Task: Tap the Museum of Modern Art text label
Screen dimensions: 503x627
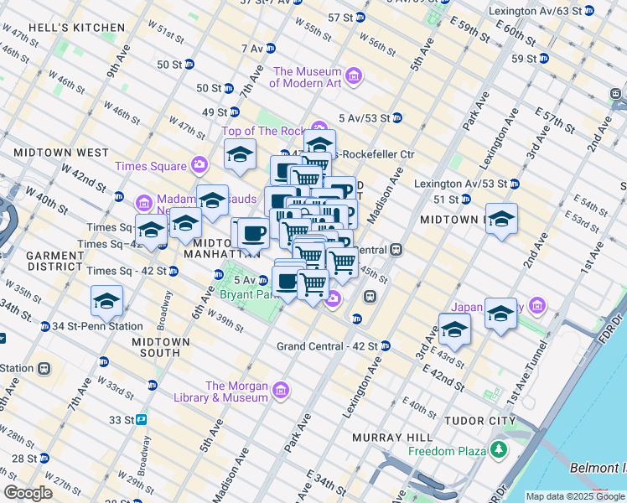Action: click(306, 77)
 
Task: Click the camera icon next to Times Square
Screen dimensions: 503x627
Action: click(199, 163)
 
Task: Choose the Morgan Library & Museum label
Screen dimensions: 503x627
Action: click(236, 392)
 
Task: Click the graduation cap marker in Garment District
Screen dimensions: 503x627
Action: click(107, 299)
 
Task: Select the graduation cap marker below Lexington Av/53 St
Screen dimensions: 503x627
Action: click(501, 219)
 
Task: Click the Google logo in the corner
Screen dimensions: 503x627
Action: click(28, 493)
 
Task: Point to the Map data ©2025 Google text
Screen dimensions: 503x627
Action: click(575, 496)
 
